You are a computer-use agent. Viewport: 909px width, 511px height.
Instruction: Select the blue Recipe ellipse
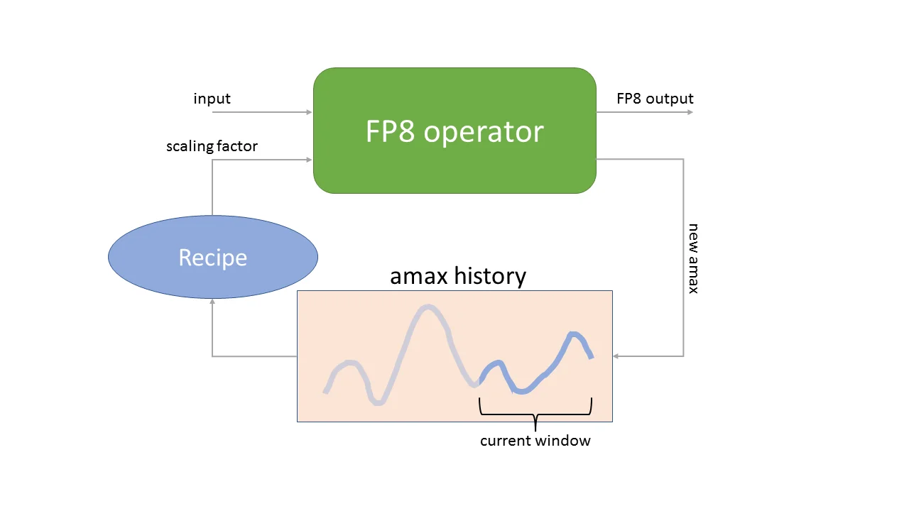click(212, 257)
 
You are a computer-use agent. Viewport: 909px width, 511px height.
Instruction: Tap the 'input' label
click(212, 99)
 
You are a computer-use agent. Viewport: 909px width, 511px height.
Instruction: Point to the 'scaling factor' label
click(212, 146)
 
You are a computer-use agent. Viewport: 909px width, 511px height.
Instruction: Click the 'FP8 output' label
click(655, 99)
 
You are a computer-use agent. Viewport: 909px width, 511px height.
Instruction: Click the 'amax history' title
click(458, 275)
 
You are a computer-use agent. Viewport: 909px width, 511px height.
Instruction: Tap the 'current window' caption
click(535, 441)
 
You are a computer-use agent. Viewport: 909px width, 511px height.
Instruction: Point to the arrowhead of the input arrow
click(309, 112)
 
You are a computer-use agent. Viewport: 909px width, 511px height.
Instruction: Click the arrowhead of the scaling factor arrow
click(309, 160)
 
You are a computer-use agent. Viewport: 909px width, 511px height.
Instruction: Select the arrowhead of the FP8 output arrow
click(690, 112)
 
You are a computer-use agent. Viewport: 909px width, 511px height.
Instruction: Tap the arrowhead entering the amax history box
click(616, 356)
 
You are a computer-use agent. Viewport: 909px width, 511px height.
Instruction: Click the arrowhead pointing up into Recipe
click(212, 302)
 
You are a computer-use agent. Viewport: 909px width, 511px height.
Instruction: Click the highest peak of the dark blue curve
click(574, 334)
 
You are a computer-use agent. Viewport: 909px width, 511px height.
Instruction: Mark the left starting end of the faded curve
click(325, 391)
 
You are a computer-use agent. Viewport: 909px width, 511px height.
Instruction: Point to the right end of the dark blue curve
click(591, 357)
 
